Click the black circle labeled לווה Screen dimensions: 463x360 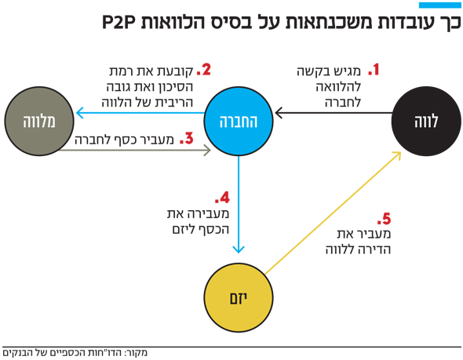pyautogui.click(x=426, y=122)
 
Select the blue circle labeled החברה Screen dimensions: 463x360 pyautogui.click(x=239, y=122)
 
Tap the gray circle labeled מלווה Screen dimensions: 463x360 pyautogui.click(x=39, y=122)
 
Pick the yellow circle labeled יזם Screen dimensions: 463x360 pyautogui.click(x=239, y=298)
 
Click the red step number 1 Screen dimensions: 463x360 pyautogui.click(x=374, y=70)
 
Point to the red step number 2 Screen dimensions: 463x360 pyautogui.click(x=204, y=70)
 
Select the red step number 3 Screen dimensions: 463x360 pyautogui.click(x=187, y=138)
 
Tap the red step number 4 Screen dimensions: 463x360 pyautogui.click(x=222, y=198)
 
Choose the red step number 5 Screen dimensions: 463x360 pyautogui.click(x=384, y=219)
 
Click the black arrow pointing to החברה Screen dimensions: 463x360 pyautogui.click(x=334, y=113)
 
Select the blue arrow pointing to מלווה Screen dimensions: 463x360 pyautogui.click(x=140, y=113)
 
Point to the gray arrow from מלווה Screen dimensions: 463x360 pyautogui.click(x=134, y=151)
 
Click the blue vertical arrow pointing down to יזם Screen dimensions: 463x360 pyautogui.click(x=239, y=205)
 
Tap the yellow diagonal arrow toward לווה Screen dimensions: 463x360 pyautogui.click(x=333, y=213)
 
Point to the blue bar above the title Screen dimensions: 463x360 pyautogui.click(x=440, y=5)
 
